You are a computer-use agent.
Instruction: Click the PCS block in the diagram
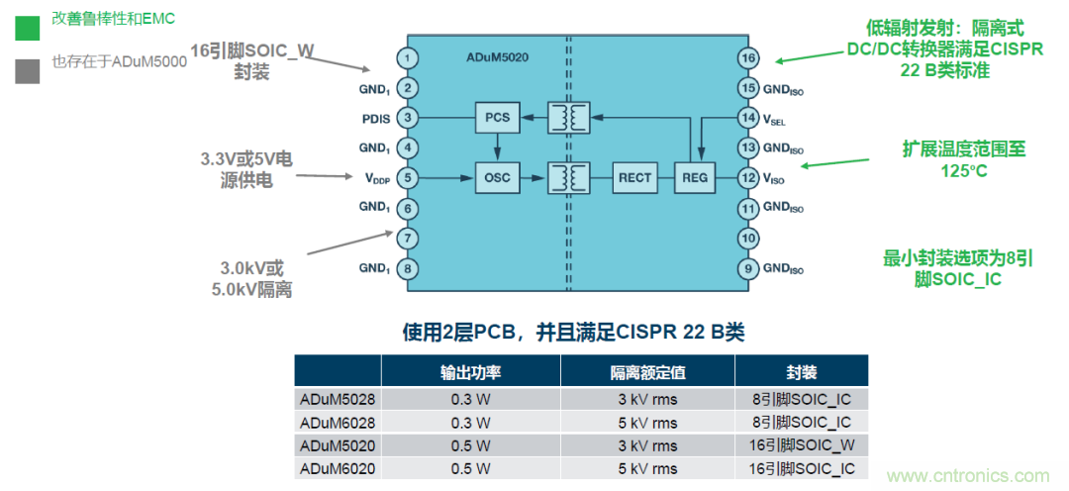[497, 118]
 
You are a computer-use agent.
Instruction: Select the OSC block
[497, 178]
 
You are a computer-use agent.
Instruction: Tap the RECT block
[634, 178]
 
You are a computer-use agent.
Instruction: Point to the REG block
[692, 178]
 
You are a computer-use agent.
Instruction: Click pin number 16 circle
[749, 58]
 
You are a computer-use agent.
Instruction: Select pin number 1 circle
[407, 58]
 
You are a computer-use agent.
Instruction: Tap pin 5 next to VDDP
[407, 178]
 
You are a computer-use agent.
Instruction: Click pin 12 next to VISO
[749, 178]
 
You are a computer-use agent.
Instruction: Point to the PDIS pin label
[375, 119]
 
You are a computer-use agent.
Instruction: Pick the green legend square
[27, 28]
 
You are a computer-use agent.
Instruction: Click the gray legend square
[27, 70]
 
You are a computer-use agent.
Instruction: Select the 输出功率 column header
[470, 371]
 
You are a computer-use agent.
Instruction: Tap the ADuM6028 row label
[338, 422]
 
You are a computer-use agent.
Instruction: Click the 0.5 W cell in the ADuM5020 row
[470, 445]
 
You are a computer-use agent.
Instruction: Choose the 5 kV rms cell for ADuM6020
[647, 469]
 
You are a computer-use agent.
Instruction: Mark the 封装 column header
[801, 371]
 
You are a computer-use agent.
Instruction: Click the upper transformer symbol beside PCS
[569, 118]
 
